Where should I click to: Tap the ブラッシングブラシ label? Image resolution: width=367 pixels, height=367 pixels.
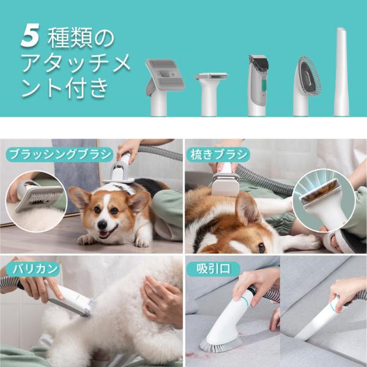(61, 155)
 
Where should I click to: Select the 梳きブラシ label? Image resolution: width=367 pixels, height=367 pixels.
(218, 155)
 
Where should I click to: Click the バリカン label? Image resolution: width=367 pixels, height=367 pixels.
(33, 269)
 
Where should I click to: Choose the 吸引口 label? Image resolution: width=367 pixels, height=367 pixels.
(213, 269)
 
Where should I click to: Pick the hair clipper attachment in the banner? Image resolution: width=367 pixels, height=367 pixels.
(258, 86)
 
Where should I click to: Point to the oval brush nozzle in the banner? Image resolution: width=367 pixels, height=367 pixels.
(306, 86)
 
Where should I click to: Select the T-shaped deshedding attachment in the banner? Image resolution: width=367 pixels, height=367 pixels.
(210, 94)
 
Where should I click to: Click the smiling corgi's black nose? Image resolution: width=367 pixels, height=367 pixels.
(102, 225)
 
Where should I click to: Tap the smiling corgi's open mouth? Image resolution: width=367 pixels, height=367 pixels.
(105, 234)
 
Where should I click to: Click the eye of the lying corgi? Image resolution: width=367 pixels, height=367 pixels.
(262, 247)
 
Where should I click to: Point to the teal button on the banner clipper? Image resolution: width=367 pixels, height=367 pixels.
(264, 86)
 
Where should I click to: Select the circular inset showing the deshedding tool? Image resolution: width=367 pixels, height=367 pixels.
(324, 201)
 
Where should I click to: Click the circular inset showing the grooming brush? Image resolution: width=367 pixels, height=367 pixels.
(36, 202)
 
